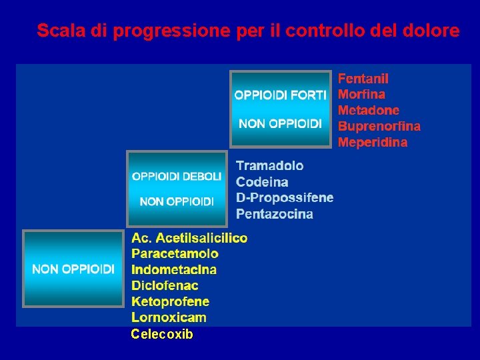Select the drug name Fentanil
point(363,79)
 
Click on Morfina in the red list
point(361,95)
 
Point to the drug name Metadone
point(369,110)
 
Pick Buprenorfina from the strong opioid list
point(379,126)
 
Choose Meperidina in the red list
point(372,142)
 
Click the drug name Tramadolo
point(269,165)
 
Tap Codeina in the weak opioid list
point(262,181)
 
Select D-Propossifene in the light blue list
point(285,197)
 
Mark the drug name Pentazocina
point(275,214)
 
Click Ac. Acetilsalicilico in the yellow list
point(189,238)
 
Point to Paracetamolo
point(175,253)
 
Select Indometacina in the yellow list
point(174,269)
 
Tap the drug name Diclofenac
point(165,285)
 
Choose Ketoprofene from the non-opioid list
point(170,301)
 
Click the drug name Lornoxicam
point(169,317)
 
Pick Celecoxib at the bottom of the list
point(162,334)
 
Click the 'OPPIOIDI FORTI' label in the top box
point(280,95)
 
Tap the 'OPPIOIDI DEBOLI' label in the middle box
point(177,176)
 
